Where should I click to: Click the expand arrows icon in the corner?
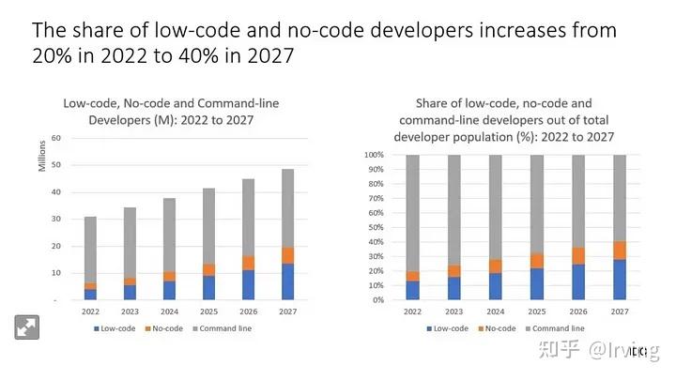coord(25,327)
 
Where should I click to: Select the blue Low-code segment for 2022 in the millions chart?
coord(90,295)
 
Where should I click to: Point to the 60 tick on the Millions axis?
coord(55,138)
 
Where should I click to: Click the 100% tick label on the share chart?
coord(374,154)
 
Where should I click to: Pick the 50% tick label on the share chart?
coord(376,227)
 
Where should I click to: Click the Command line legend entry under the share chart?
coord(556,328)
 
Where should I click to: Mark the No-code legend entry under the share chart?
coord(495,328)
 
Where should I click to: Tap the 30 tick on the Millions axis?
coord(55,219)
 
